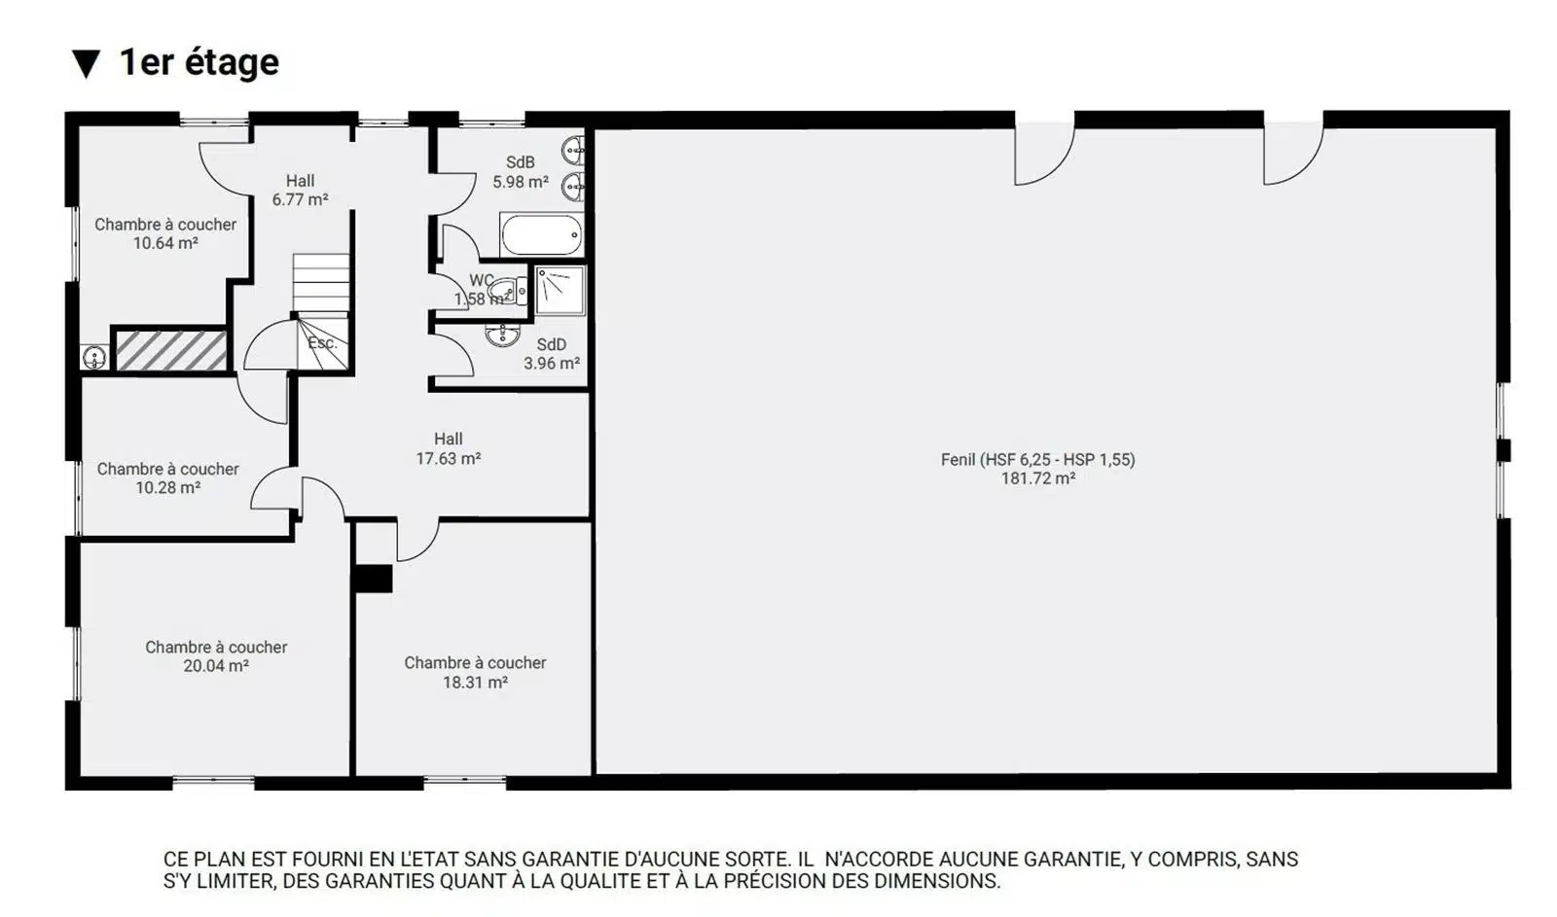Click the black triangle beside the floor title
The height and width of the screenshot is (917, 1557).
click(87, 64)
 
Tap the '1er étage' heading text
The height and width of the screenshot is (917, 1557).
click(199, 62)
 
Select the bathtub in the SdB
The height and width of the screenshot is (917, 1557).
click(541, 234)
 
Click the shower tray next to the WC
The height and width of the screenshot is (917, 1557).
click(561, 291)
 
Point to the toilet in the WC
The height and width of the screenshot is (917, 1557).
click(509, 291)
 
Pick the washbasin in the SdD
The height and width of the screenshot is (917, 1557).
click(502, 335)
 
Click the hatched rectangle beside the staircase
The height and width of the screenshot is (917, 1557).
click(171, 351)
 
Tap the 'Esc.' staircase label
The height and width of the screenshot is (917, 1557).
click(322, 343)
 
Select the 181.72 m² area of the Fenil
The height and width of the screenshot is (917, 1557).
click(1038, 478)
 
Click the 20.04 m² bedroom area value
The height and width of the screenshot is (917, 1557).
click(216, 666)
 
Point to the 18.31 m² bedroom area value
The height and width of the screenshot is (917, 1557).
click(476, 683)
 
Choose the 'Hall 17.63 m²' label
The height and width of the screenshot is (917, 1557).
click(449, 448)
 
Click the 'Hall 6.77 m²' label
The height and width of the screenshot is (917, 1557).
click(301, 191)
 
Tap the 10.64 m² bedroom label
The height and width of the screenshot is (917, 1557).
click(165, 234)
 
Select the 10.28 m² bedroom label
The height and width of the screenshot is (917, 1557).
click(168, 478)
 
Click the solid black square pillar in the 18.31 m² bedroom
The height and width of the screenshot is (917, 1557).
click(374, 579)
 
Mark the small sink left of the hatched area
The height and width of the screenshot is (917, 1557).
click(94, 358)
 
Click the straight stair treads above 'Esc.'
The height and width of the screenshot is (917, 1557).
click(320, 283)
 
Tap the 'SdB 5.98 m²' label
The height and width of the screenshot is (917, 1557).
click(521, 172)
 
